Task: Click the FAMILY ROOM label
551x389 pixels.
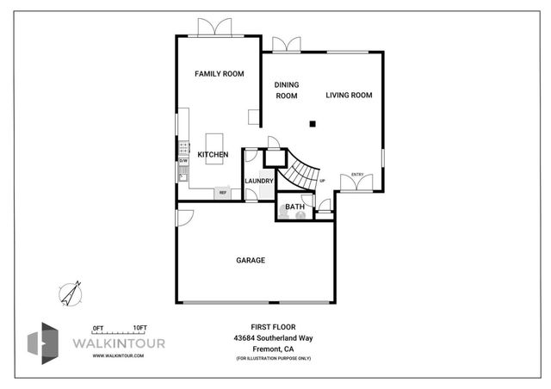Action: [x=219, y=74]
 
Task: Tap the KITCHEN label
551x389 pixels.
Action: [x=213, y=155]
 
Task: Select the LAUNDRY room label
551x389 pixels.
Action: [x=259, y=181]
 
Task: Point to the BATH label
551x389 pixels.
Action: [x=294, y=207]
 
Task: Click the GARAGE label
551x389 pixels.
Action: [x=251, y=260]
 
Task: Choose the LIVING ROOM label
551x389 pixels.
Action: [x=349, y=96]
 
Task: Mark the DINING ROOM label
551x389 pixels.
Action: [x=286, y=90]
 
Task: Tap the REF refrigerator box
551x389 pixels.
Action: [x=222, y=193]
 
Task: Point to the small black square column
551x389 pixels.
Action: [x=313, y=124]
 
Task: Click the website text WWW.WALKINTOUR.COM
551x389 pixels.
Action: [x=118, y=355]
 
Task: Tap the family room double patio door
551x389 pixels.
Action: [x=215, y=28]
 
